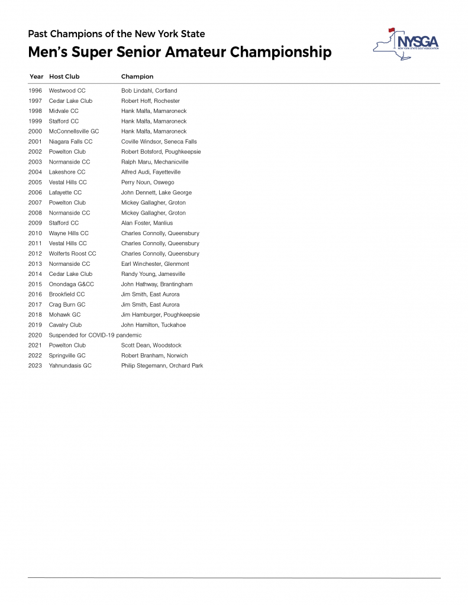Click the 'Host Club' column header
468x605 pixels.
[64, 77]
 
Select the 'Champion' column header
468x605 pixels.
[137, 77]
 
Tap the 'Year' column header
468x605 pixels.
[36, 77]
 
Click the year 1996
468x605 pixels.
[35, 91]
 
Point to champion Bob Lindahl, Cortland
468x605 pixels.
[149, 91]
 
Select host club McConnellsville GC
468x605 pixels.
[74, 132]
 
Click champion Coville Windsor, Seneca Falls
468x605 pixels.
[159, 142]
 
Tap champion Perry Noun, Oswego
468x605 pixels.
[148, 183]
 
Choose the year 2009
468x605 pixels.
[35, 223]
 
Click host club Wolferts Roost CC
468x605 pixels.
[72, 254]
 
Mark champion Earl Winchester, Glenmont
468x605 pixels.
[155, 264]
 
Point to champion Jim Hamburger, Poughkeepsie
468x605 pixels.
[160, 315]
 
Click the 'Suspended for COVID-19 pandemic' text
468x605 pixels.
[95, 335]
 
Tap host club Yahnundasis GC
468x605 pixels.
[70, 366]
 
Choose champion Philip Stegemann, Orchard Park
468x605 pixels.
[162, 366]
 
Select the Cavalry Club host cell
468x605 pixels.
[65, 325]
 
